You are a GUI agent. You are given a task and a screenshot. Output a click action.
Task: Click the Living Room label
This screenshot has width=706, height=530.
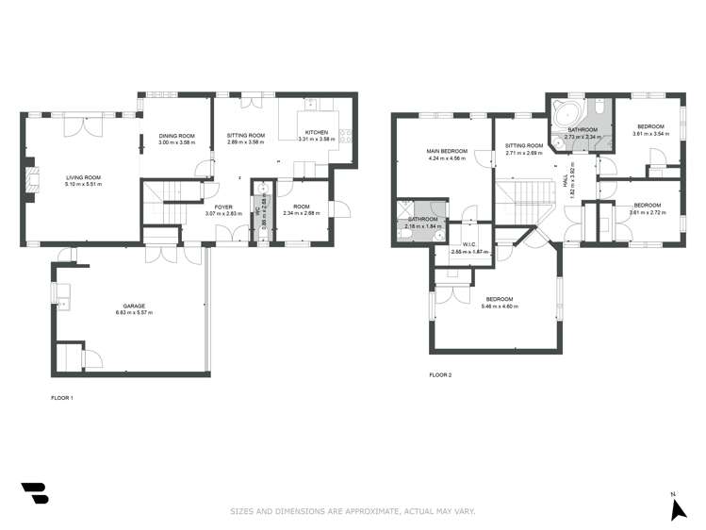coord(83,177)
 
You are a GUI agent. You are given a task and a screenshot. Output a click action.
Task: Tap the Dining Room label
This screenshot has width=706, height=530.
coord(176,136)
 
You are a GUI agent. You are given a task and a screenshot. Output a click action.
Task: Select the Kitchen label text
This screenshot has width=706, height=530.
coord(316,132)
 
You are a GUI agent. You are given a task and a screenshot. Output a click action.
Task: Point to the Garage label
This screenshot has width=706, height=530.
coord(133,306)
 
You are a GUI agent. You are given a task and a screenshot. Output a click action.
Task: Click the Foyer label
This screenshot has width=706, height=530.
coord(222,207)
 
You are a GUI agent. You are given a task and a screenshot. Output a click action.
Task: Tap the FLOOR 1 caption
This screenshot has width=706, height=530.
coord(61,398)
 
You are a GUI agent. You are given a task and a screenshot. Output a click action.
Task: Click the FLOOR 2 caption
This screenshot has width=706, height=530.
coord(440,375)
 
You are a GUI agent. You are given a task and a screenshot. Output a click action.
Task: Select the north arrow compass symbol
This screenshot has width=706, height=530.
coord(677,508)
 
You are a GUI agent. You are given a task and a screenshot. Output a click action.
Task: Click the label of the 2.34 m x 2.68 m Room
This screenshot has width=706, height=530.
coord(301,207)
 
